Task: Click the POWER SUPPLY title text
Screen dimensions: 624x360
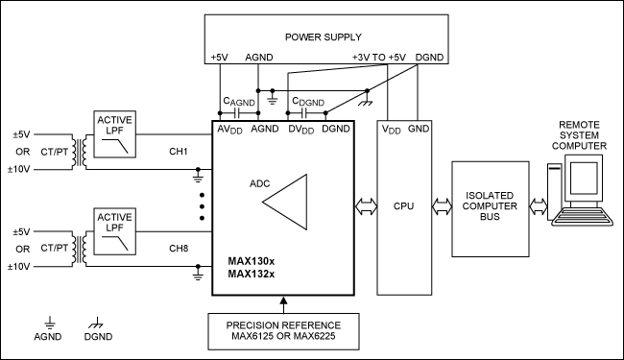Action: (324, 37)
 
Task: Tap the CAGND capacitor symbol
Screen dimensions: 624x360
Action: (237, 113)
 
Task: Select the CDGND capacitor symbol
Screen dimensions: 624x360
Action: (305, 113)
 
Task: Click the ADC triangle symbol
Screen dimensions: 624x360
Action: (285, 202)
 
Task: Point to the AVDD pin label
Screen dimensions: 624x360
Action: (229, 130)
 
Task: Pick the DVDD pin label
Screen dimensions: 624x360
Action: (300, 130)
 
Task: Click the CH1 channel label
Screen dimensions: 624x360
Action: (179, 151)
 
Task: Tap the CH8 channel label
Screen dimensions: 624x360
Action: (179, 249)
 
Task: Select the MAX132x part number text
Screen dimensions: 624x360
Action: (252, 274)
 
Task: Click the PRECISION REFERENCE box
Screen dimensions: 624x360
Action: (283, 331)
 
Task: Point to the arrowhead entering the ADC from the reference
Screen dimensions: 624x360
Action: (283, 300)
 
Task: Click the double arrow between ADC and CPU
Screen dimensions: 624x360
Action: (366, 206)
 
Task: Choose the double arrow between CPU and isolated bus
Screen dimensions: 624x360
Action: (442, 206)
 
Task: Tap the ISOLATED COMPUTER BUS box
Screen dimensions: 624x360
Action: (491, 209)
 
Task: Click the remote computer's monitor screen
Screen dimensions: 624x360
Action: (584, 179)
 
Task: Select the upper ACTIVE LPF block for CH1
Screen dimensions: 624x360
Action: (114, 134)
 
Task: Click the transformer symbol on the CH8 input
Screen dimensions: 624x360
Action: (79, 249)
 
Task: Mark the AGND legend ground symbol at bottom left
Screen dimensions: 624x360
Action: (49, 323)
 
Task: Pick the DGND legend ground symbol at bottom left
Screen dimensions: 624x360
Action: (96, 323)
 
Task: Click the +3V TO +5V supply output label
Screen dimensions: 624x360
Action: (379, 58)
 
